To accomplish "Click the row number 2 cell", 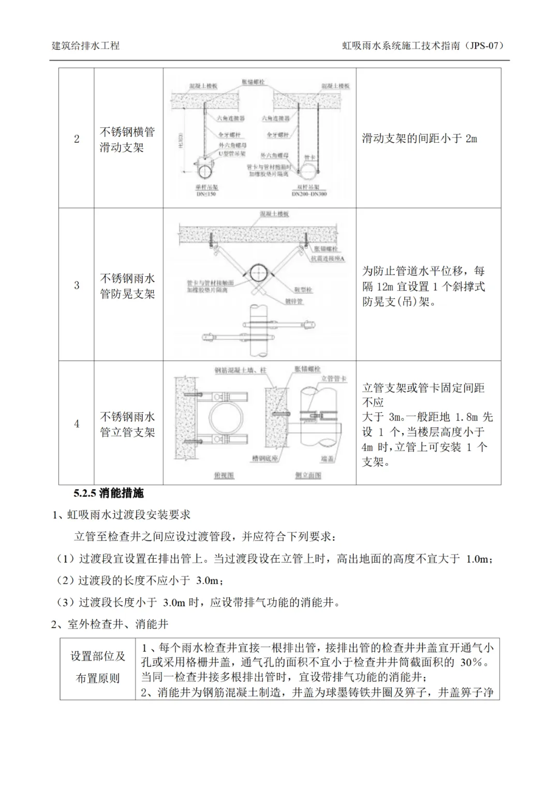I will [x=77, y=139].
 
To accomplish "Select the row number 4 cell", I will [x=77, y=424].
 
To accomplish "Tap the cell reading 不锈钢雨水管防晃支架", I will [x=127, y=286].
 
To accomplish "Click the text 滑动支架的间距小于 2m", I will [x=419, y=138].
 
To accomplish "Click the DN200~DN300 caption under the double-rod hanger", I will [x=310, y=195].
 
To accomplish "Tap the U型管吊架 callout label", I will [x=231, y=154].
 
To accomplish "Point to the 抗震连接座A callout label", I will [x=328, y=258].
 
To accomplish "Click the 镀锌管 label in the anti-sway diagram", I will [x=293, y=302].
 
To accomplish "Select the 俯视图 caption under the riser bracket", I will [x=224, y=475].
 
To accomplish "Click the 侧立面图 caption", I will [x=308, y=475].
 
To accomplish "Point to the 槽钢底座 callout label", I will [x=266, y=458].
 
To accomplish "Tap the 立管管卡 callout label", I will [x=334, y=379].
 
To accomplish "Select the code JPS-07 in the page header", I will [x=484, y=46].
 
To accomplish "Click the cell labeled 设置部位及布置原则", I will [x=98, y=667].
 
